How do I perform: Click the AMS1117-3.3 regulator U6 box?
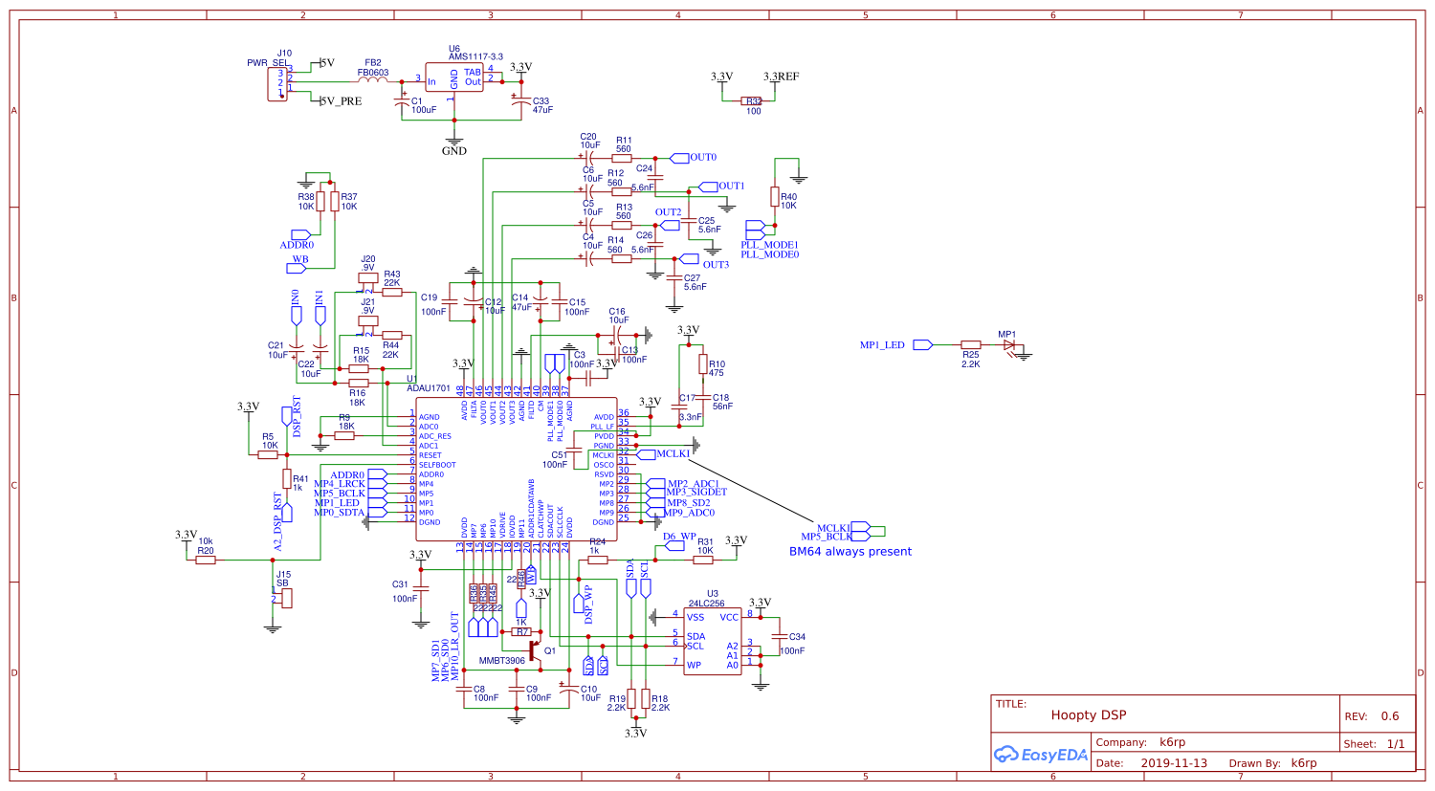pos(454,78)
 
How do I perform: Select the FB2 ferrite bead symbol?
pos(372,81)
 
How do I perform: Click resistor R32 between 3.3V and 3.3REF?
pos(753,100)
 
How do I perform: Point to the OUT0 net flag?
pos(680,158)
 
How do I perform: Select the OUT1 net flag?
pos(709,187)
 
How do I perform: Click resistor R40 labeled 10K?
pos(775,196)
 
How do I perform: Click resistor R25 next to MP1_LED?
pos(971,344)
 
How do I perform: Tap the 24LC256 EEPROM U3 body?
pos(713,641)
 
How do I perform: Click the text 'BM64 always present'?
pos(850,552)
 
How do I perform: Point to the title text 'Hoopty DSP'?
pos(1088,715)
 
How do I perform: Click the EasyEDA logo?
pos(1041,755)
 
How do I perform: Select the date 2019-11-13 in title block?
pos(1174,763)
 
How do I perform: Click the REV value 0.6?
pos(1389,716)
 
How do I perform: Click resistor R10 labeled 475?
pos(703,364)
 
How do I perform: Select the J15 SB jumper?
pos(286,598)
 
